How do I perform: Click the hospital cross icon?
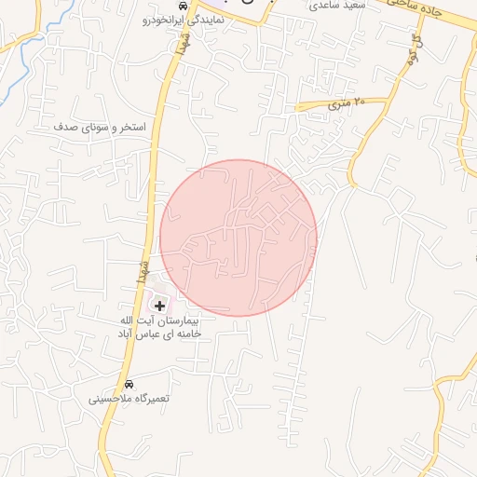[x=159, y=306]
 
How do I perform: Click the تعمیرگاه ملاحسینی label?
[x=129, y=399]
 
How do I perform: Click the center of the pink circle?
[x=238, y=237]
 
